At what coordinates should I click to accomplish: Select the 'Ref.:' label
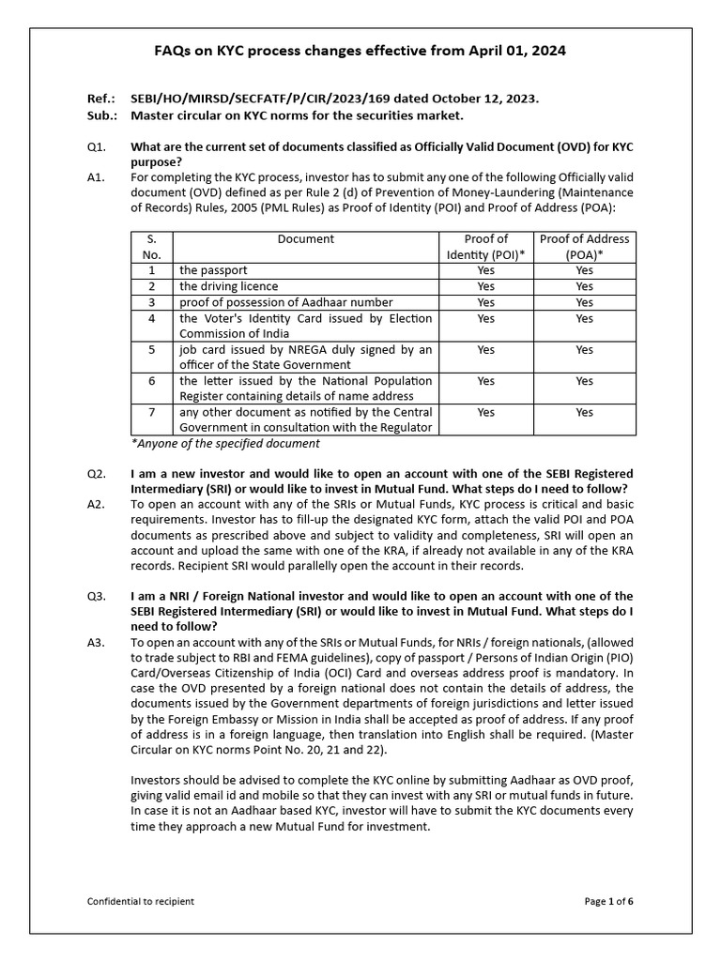pos(100,99)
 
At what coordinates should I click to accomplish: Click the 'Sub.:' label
pos(101,114)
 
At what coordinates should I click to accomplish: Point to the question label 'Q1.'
pos(97,146)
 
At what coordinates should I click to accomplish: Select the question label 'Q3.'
pos(97,596)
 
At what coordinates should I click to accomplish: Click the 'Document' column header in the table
pos(305,239)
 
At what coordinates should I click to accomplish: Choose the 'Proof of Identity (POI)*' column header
pos(485,247)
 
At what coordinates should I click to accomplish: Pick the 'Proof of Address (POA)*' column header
pos(584,247)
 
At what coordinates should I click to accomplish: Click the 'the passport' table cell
pos(214,270)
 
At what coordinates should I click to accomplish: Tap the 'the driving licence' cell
pos(228,286)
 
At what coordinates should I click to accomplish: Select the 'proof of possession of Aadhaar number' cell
pos(285,302)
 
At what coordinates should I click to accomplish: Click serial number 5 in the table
pos(151,350)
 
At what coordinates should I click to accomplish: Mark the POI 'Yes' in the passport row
pos(485,270)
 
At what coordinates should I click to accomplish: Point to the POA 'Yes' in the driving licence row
pos(584,286)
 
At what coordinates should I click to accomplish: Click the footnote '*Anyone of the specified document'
pos(224,443)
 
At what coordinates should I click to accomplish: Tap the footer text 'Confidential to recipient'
pos(141,902)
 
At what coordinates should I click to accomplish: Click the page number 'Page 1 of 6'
pos(608,902)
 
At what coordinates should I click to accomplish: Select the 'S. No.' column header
pos(151,247)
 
